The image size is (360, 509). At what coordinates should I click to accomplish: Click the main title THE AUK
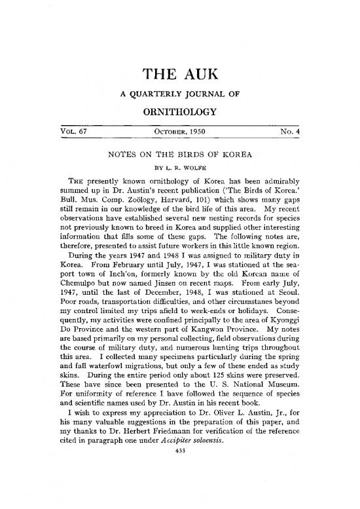(x=180, y=77)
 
